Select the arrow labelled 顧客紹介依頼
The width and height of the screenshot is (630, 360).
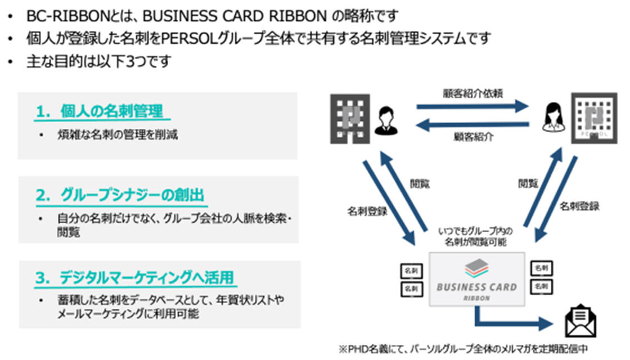(472, 105)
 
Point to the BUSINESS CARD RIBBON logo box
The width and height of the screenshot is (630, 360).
(476, 279)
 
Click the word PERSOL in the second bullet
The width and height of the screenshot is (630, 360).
(187, 38)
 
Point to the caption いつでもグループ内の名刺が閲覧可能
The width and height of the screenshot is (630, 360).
(476, 236)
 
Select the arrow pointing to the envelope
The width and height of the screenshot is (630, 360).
(512, 322)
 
